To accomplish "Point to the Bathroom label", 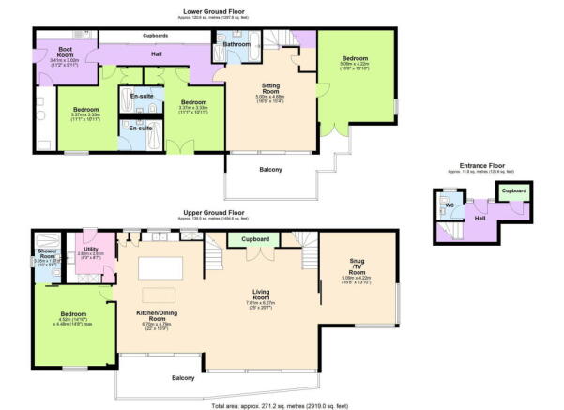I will [x=236, y=43].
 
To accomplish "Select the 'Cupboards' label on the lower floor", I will [x=155, y=35].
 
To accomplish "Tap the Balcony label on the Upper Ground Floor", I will [x=183, y=378].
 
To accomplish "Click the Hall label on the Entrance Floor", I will [x=479, y=217].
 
